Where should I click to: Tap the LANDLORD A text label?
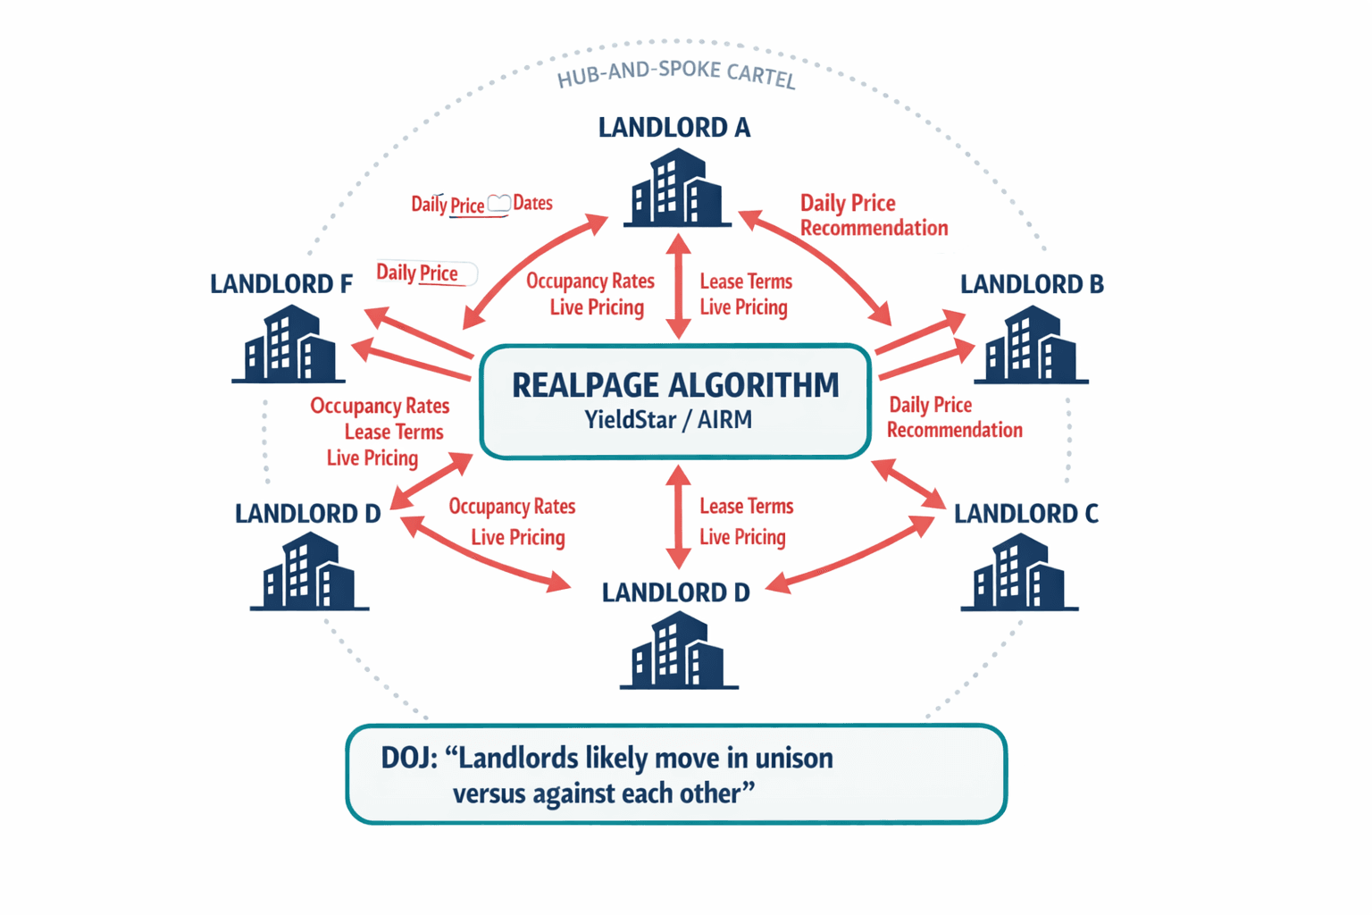(674, 128)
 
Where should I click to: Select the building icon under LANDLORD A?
(676, 189)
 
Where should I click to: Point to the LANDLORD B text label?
(1032, 284)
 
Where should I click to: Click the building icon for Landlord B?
(1031, 346)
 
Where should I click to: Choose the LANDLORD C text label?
(1025, 514)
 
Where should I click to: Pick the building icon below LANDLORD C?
(1019, 574)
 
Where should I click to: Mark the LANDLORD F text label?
(280, 284)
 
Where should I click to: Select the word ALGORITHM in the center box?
(754, 385)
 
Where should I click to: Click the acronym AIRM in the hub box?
(724, 419)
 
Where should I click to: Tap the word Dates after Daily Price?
(532, 203)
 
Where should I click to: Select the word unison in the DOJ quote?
(794, 758)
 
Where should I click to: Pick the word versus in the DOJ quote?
(489, 793)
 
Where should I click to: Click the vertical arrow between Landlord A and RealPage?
(678, 286)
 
